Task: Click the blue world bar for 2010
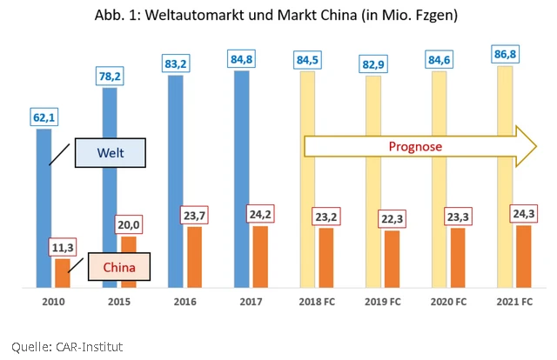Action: (x=44, y=209)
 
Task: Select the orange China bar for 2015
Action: (x=128, y=261)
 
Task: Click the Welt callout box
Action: (x=108, y=155)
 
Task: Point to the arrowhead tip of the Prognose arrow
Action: (x=536, y=146)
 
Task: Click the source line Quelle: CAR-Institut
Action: (x=67, y=346)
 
